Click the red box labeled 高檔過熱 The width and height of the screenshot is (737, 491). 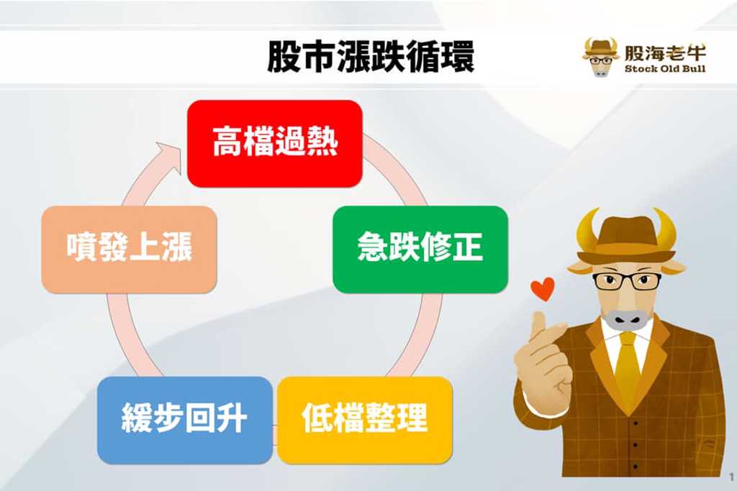click(274, 144)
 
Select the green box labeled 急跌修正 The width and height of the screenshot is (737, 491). click(420, 249)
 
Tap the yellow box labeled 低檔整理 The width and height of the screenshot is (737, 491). click(365, 420)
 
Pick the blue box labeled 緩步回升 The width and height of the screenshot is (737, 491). click(185, 420)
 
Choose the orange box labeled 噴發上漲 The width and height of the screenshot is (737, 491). click(130, 249)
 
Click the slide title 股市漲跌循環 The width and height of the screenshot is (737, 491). click(371, 57)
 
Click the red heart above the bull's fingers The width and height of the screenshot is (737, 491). click(543, 289)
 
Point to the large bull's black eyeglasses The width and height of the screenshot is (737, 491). click(627, 281)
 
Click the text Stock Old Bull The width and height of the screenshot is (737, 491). click(665, 68)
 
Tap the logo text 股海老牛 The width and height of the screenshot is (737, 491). click(665, 52)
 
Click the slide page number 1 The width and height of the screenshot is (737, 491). click(731, 477)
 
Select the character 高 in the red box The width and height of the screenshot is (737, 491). click(227, 142)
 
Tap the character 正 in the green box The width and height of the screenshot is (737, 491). click(468, 247)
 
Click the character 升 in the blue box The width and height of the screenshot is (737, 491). click(232, 418)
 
